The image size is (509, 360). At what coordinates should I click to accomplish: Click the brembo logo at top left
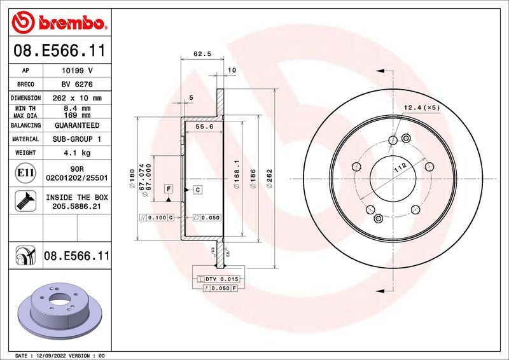[x=57, y=23]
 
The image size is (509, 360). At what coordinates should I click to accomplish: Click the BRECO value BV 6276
[x=77, y=85]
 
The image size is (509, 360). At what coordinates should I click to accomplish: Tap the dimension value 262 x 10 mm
[x=77, y=99]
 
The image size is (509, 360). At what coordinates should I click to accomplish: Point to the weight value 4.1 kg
[x=77, y=153]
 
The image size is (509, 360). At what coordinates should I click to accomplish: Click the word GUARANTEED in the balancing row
[x=77, y=126]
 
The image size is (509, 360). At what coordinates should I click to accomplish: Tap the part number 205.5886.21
[x=77, y=207]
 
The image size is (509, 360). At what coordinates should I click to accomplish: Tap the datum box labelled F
[x=169, y=189]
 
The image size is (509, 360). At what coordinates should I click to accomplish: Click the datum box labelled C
[x=198, y=190]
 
